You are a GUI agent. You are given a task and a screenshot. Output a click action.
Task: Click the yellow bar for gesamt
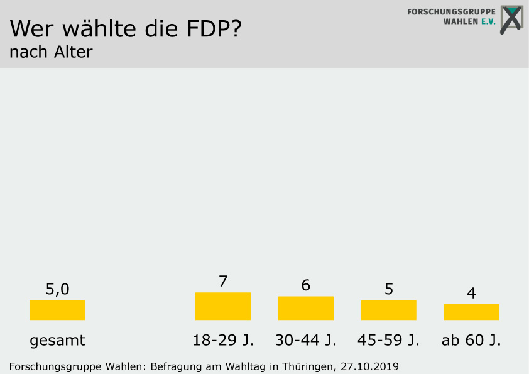point(57,310)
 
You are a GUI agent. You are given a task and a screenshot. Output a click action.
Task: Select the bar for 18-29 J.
point(223,306)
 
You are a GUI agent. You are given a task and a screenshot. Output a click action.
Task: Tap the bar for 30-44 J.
point(306,308)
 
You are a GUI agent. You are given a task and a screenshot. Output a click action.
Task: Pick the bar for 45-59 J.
point(389,310)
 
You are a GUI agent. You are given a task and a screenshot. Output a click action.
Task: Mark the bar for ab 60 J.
point(471,312)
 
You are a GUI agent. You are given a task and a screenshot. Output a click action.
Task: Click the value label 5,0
point(57,289)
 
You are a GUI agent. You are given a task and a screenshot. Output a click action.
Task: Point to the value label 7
point(223,281)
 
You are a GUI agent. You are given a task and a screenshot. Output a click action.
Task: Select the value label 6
point(306,285)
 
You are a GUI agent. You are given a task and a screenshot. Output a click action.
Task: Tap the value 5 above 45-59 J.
point(389,289)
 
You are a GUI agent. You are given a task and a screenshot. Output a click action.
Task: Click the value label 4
point(471,293)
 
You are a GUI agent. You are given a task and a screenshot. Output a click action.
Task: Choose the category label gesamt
point(57,341)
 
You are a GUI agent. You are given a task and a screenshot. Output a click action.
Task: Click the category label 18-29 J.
point(223,341)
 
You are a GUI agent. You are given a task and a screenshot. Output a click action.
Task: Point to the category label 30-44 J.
point(306,341)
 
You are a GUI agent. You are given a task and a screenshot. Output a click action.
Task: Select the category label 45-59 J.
point(389,341)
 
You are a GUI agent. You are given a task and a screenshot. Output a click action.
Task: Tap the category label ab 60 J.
point(471,341)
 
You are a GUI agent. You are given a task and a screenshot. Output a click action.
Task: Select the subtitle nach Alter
point(51,52)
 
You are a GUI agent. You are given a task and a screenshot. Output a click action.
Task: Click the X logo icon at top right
point(511,19)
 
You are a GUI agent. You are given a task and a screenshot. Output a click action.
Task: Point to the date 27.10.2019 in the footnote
point(370,366)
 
